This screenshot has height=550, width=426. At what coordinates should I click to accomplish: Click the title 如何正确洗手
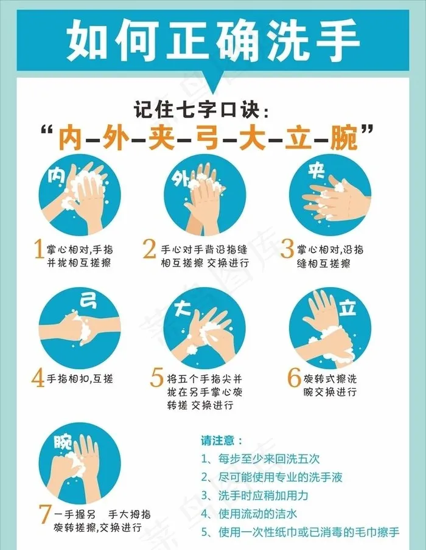(213, 40)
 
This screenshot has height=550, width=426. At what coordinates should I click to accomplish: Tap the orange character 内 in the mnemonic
(71, 138)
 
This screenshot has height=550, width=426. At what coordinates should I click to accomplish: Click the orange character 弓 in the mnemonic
(207, 138)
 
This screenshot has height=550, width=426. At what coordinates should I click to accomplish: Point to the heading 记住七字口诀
(201, 109)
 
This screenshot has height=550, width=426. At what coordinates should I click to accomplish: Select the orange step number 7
(46, 514)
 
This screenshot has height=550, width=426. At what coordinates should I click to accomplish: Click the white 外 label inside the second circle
(180, 179)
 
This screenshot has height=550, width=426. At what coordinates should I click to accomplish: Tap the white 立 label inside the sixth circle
(347, 308)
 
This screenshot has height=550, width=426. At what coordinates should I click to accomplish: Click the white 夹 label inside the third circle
(316, 171)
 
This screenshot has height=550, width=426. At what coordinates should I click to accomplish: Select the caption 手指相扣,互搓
(80, 379)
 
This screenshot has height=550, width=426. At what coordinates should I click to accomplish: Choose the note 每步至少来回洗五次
(260, 459)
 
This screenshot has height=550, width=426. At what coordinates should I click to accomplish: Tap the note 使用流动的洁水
(249, 514)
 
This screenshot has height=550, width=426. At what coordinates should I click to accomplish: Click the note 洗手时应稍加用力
(254, 495)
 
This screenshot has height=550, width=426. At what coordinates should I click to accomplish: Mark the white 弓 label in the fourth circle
(88, 301)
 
